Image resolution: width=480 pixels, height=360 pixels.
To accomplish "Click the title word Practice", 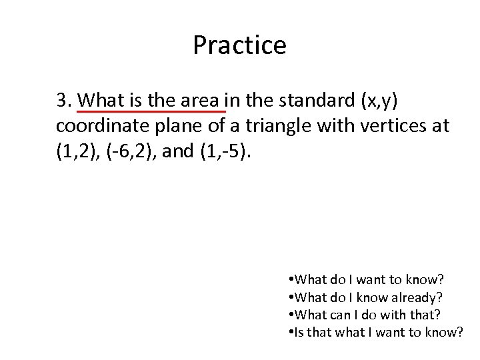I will tap(239, 45).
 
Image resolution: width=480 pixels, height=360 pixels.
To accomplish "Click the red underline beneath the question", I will tap(152, 111).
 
